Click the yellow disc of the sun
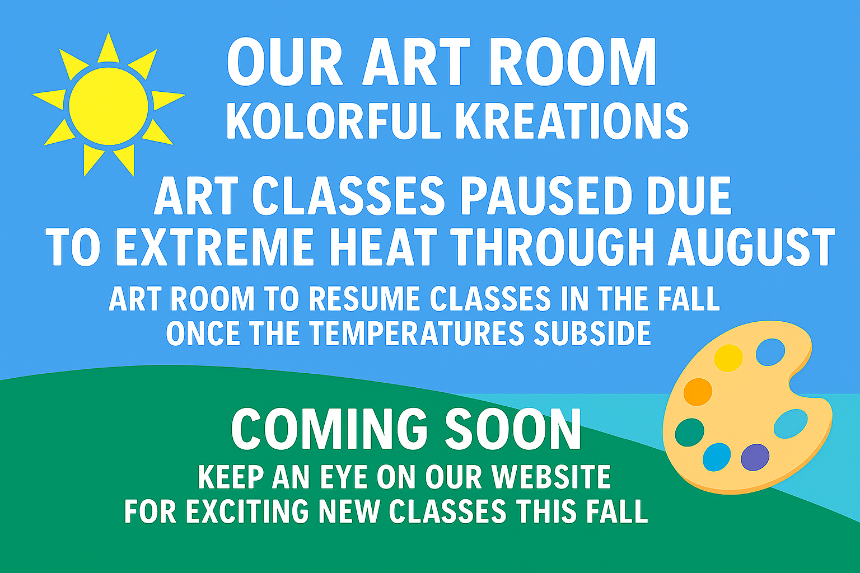[x=109, y=106]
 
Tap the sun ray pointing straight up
[x=108, y=48]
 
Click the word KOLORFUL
[x=334, y=121]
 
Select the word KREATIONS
[x=572, y=121]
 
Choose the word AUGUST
[x=752, y=247]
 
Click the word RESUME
[x=364, y=299]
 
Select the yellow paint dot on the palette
[x=728, y=358]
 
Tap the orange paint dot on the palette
[x=698, y=392]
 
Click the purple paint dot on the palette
[x=755, y=457]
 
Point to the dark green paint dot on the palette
[x=690, y=432]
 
